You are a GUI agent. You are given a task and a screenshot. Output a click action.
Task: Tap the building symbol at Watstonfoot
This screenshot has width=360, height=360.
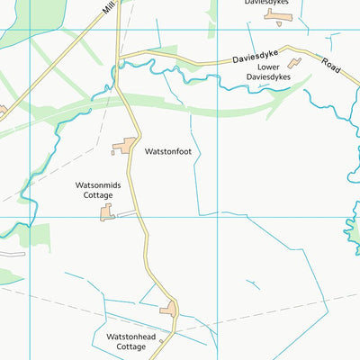pyautogui.click(x=124, y=145)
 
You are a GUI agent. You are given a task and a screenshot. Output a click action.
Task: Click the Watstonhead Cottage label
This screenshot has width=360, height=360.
pyautogui.click(x=131, y=341)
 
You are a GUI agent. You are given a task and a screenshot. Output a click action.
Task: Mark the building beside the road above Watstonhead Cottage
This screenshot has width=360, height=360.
pyautogui.click(x=168, y=310)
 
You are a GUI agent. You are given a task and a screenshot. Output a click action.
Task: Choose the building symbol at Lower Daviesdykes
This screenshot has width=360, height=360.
pyautogui.click(x=294, y=63)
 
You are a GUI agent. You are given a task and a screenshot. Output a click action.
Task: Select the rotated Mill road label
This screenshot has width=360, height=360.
pyautogui.click(x=109, y=7)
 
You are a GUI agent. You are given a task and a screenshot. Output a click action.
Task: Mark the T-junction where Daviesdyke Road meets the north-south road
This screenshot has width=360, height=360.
pyautogui.click(x=119, y=60)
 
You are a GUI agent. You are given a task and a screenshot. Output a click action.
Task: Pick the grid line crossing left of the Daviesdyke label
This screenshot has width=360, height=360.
pyautogui.click(x=216, y=30)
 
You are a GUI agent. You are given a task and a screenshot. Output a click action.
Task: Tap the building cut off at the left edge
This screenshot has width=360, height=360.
pyautogui.click(x=3, y=111)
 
